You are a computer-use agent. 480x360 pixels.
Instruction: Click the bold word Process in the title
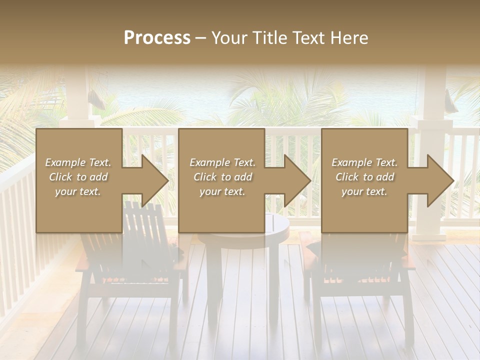[157, 38]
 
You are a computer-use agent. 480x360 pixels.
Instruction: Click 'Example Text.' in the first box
[78, 162]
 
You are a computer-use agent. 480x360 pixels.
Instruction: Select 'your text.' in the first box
[78, 191]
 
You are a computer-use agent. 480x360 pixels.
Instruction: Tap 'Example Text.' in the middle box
[222, 162]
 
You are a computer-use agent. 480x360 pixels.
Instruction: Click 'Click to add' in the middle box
[222, 177]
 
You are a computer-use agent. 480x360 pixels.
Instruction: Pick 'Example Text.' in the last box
[364, 162]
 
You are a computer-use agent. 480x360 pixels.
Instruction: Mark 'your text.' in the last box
[364, 191]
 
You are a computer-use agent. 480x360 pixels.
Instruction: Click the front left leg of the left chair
[82, 315]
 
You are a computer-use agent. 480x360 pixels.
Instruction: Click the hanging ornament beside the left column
[97, 100]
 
